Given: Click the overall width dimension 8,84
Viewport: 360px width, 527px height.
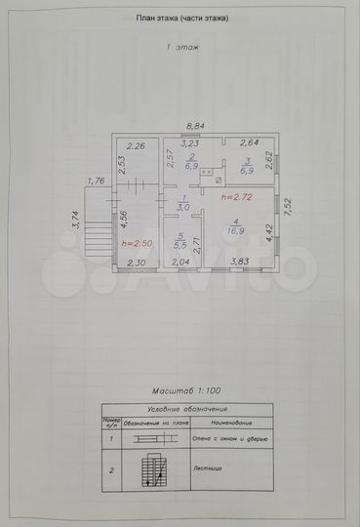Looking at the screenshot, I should pos(196,126).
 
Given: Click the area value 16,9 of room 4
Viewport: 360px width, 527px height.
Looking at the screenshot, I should pos(237,232).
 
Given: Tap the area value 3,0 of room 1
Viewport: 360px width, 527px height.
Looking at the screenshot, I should pos(182,208).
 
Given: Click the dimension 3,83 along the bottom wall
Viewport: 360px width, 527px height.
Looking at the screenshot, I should pos(240,262).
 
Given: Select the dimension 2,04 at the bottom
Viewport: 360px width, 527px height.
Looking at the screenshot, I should pos(181,262).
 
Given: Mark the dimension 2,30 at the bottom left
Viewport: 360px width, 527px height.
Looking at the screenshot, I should pos(137,262).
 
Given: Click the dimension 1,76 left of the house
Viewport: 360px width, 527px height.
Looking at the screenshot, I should pos(95,181).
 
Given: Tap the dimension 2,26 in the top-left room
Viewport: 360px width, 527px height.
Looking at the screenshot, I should pos(138,146).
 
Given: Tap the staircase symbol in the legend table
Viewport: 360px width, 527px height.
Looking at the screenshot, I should pos(149,474).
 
